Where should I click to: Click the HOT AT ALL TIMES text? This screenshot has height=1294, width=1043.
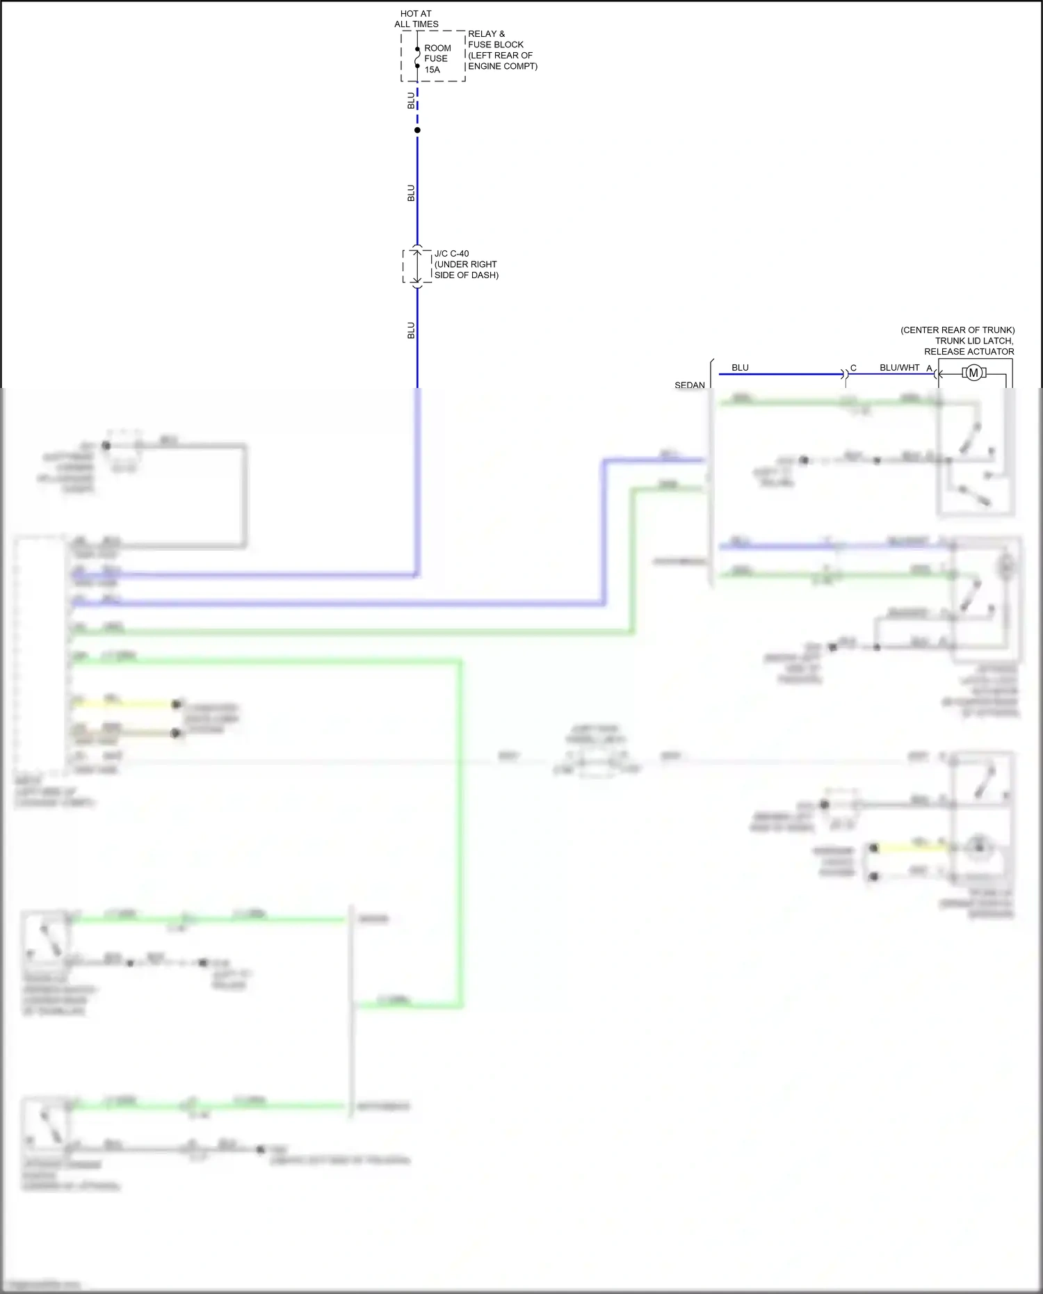coord(416,19)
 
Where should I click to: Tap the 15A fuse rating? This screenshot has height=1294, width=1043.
coord(432,70)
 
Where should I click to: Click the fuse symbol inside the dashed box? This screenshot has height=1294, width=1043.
coord(417,58)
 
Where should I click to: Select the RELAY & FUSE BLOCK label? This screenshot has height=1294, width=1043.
coord(495,39)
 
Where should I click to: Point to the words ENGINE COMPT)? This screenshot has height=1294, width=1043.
coord(503,66)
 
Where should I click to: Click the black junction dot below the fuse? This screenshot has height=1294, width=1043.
coord(417,130)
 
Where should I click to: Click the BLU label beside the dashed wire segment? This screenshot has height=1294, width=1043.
coord(410,100)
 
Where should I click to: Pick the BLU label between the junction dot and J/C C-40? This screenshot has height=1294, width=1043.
coord(410,193)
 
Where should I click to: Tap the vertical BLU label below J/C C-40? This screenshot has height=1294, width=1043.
coord(410,330)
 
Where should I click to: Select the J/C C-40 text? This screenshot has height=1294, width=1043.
coord(451,254)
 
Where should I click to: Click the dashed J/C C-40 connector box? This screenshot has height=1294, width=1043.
coord(417,266)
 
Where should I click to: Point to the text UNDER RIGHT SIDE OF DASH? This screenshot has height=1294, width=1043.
coord(466,270)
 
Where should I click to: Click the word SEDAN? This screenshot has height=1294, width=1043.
coord(689,385)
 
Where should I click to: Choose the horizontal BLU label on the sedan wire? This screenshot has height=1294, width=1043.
coord(740,367)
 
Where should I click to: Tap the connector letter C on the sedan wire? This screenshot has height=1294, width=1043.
coord(853,368)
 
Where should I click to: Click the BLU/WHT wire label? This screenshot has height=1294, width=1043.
coord(899,367)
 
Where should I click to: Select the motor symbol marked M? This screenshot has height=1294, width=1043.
coord(973,373)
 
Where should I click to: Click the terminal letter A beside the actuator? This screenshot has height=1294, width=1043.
coord(929,368)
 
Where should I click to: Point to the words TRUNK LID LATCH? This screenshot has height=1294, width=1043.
coord(973,341)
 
